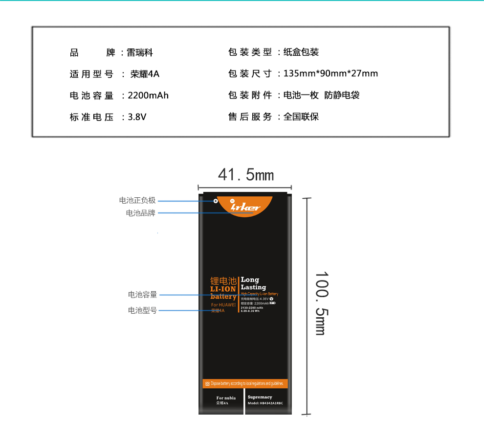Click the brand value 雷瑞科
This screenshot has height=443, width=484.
pos(140,52)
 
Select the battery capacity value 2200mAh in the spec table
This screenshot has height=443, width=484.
pos(148,95)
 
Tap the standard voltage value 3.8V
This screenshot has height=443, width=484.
pos(137,117)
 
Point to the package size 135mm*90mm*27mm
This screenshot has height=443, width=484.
pos(330,74)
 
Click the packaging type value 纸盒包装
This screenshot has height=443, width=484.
pos(301,52)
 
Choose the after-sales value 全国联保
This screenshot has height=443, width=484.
pos(301,117)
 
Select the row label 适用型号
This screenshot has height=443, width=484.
pos(91,74)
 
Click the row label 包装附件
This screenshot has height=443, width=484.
pos(250,95)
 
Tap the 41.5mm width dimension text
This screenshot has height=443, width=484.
pos(246,175)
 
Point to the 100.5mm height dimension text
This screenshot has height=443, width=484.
pos(321,303)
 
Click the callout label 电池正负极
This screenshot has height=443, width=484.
pos(137,200)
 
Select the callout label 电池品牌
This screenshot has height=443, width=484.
pos(141,213)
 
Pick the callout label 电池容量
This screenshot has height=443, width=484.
pos(143,295)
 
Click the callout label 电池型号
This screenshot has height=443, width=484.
pos(143,310)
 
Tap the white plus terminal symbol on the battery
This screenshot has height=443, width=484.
pos(215,201)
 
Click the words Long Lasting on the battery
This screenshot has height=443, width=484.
pos(253,283)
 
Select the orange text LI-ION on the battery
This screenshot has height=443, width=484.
pos(223,289)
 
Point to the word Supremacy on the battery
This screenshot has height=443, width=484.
pos(260,397)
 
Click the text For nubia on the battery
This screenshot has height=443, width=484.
pos(226,398)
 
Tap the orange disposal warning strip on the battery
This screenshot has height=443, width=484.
pos(245,383)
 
